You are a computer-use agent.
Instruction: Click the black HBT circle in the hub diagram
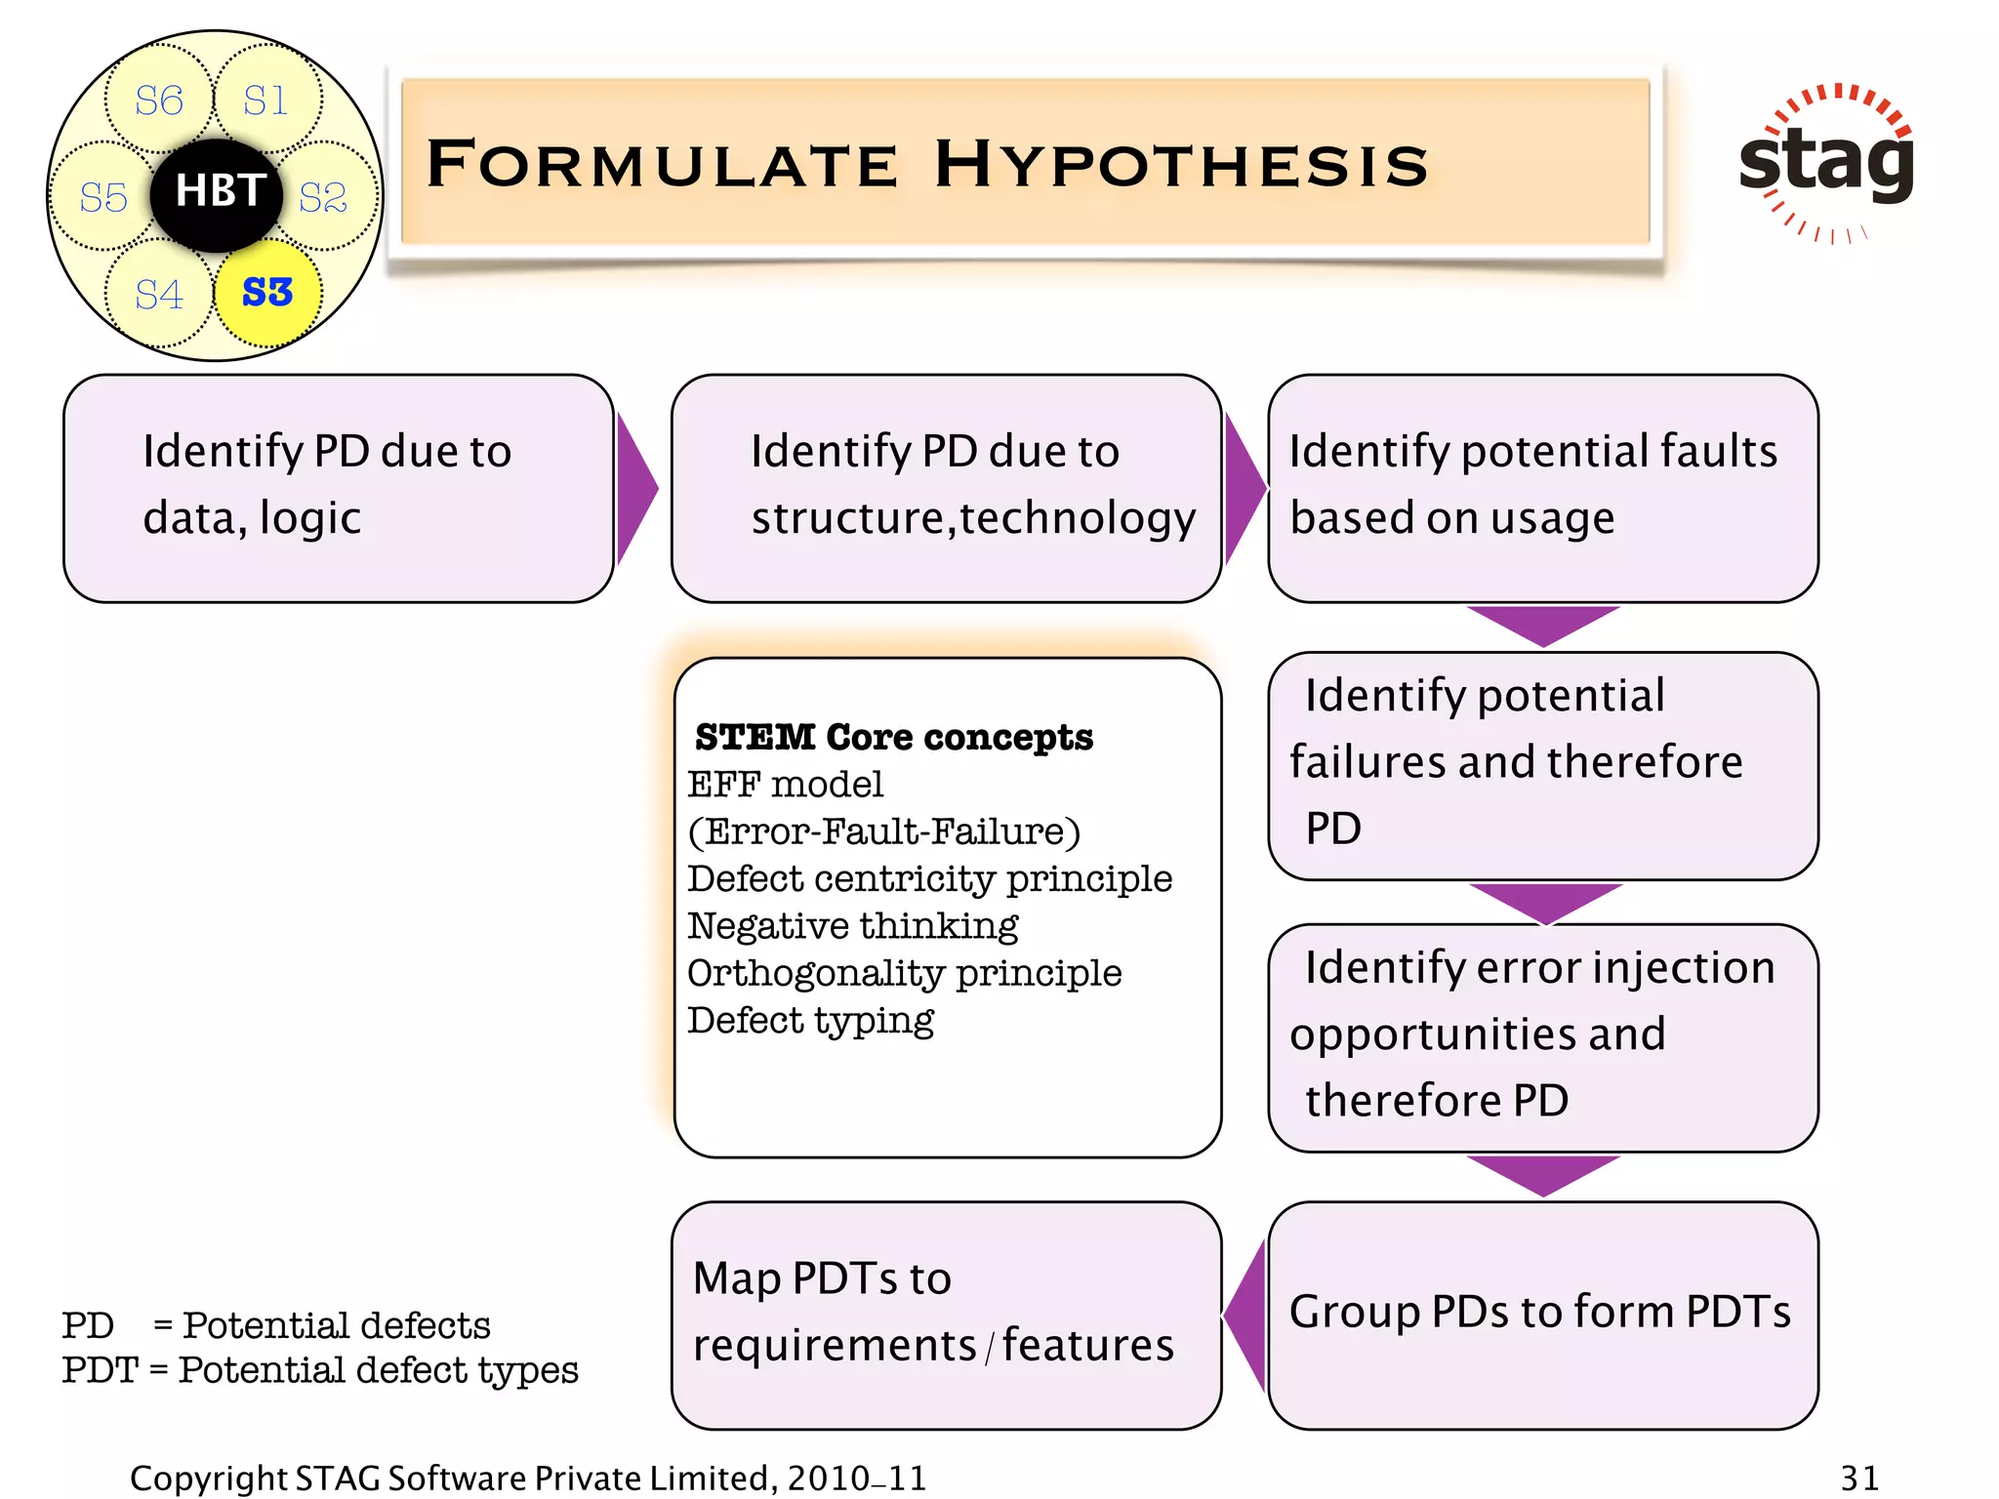click(217, 193)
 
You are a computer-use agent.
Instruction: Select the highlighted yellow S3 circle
click(267, 292)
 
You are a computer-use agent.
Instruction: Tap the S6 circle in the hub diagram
click(158, 101)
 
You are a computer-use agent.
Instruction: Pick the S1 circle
click(266, 101)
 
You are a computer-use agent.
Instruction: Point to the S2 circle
click(324, 197)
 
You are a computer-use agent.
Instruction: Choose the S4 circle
click(158, 294)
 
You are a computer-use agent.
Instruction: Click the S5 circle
click(102, 197)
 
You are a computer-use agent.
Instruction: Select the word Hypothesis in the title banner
click(1181, 164)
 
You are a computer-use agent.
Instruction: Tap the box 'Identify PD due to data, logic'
click(338, 488)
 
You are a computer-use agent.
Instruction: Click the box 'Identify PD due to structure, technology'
click(946, 488)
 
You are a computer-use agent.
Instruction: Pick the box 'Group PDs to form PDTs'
click(1542, 1314)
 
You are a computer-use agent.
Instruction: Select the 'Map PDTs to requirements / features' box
click(946, 1314)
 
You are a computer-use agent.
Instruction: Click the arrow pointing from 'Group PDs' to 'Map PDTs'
click(1245, 1314)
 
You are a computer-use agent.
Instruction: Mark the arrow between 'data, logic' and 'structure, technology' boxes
click(636, 488)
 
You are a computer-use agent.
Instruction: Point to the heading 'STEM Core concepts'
click(893, 737)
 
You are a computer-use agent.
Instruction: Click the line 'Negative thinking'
click(852, 925)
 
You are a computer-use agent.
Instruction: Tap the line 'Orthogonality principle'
click(904, 973)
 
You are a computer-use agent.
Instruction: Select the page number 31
click(1859, 1478)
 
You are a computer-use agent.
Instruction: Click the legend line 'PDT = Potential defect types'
click(320, 1370)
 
